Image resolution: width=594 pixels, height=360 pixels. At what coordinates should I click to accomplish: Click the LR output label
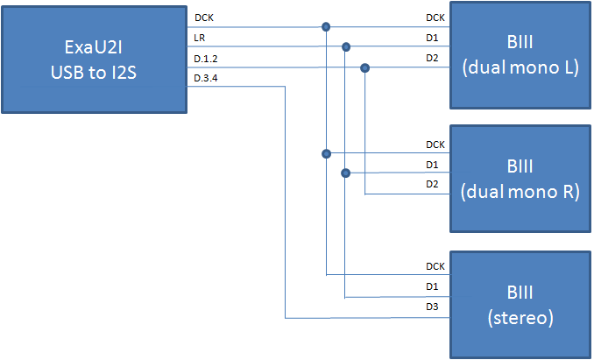[x=200, y=39]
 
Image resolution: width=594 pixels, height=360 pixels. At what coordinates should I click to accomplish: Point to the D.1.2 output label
[x=206, y=60]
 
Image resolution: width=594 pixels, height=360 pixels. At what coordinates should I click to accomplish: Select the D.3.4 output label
[x=206, y=80]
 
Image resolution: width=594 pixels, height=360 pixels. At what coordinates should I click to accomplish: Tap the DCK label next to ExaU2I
[x=203, y=17]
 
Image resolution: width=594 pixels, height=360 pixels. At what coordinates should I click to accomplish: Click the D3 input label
[x=433, y=307]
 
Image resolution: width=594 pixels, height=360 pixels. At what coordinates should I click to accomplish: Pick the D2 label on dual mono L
[x=433, y=60]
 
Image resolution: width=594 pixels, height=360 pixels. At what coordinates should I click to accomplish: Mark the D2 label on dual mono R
[x=433, y=185]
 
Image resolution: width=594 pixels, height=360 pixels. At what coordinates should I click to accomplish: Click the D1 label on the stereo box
[x=433, y=287]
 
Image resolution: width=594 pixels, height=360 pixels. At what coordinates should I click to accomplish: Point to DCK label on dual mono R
[x=435, y=145]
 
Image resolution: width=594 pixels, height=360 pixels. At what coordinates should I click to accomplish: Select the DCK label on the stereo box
[x=435, y=266]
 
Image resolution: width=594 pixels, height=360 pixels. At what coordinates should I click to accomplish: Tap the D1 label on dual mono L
[x=433, y=39]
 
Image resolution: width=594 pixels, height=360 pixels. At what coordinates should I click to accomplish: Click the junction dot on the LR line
[x=346, y=46]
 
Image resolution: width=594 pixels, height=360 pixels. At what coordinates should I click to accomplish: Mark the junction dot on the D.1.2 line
[x=365, y=67]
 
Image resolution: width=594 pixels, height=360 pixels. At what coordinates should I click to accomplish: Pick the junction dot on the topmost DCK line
[x=326, y=26]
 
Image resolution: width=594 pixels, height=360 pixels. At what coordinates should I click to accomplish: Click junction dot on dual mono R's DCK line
[x=326, y=153]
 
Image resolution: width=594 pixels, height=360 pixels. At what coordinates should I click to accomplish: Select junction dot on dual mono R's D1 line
[x=346, y=173]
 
